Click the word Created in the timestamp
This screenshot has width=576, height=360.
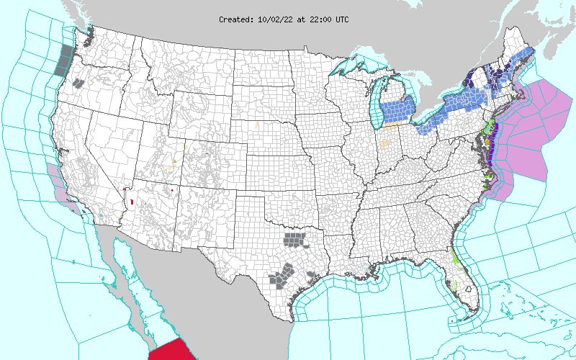click(x=235, y=19)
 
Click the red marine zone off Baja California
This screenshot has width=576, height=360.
click(x=172, y=348)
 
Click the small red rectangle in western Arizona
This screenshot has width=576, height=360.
click(x=132, y=199)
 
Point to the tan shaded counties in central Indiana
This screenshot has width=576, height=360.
click(x=387, y=145)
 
